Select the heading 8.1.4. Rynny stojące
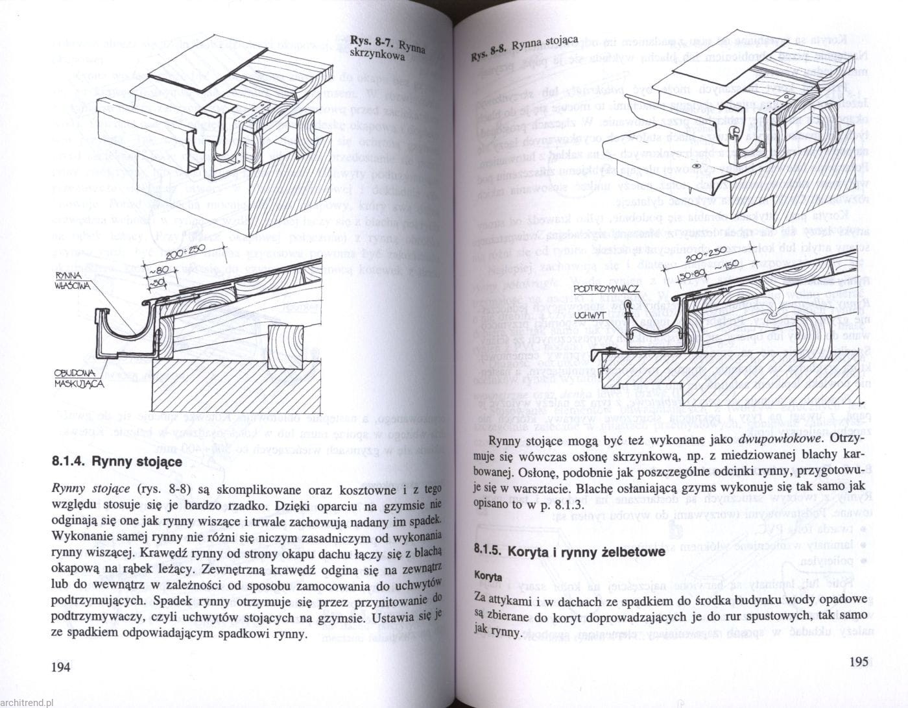[x=116, y=463]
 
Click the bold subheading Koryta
[x=488, y=576]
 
